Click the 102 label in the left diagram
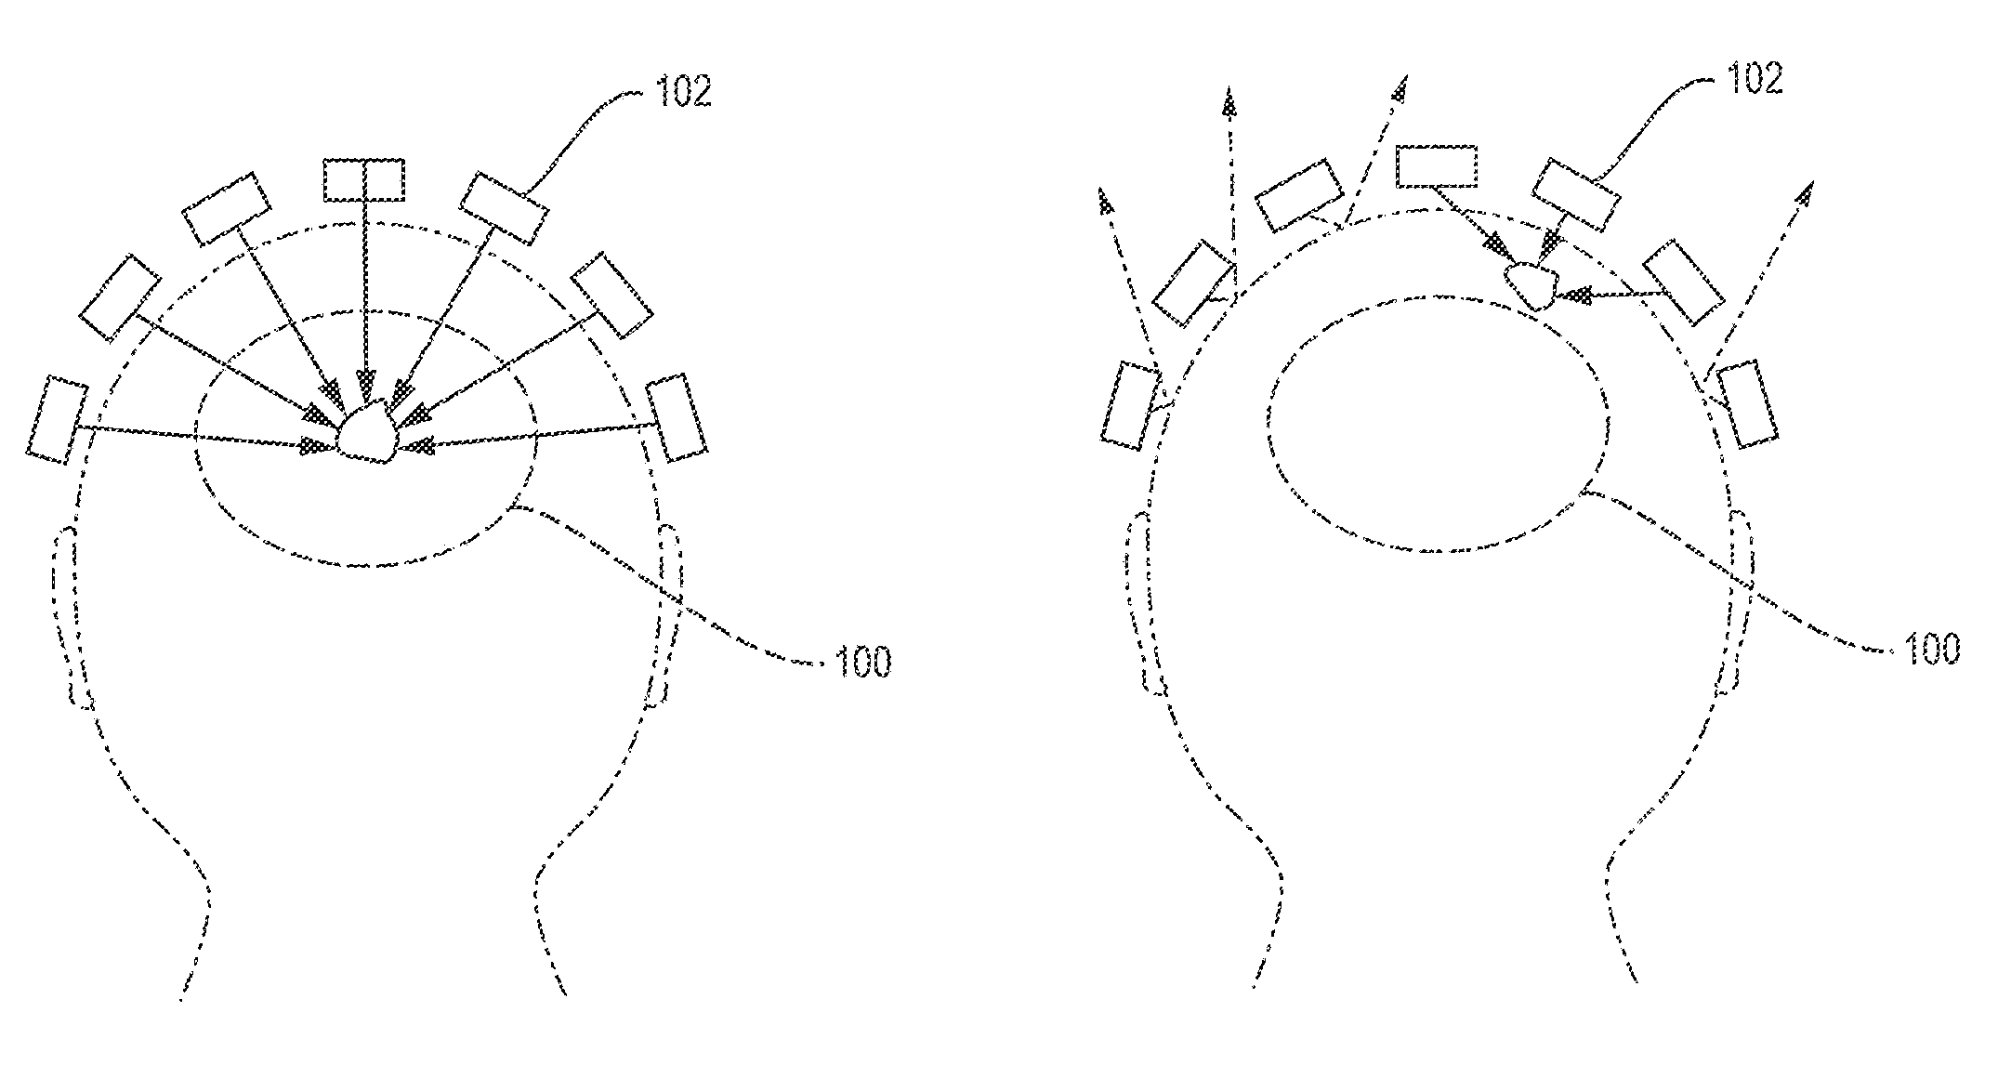(x=684, y=91)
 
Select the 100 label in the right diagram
(x=1929, y=649)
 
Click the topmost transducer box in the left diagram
(x=363, y=179)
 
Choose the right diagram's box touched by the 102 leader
(x=1575, y=195)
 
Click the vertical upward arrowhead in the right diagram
(x=1231, y=104)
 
